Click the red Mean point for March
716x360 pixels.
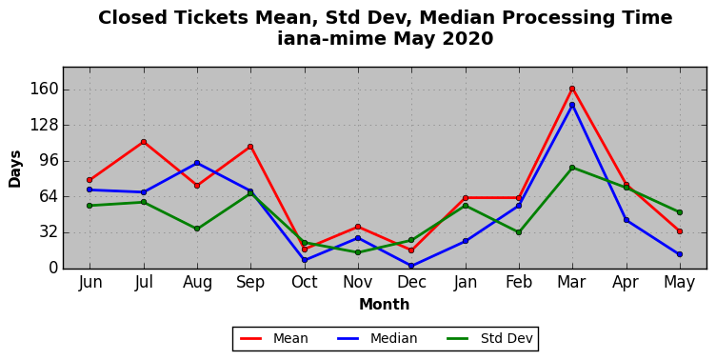tap(572, 89)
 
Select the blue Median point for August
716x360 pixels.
tap(197, 163)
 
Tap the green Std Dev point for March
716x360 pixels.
tap(572, 168)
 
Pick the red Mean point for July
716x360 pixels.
tap(144, 142)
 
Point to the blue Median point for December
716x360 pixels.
tap(411, 266)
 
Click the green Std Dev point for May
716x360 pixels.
tap(680, 212)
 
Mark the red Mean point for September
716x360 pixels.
tap(250, 147)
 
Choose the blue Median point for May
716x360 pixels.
tap(680, 254)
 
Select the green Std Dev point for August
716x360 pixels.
tap(197, 229)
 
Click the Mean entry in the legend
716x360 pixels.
tap(274, 338)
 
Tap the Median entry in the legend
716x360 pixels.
tap(377, 338)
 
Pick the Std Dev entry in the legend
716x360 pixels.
tap(489, 338)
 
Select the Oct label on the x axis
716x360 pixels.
tap(304, 282)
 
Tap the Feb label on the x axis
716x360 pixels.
tap(519, 282)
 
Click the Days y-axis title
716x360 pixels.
tap(15, 169)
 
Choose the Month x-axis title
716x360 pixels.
tap(385, 304)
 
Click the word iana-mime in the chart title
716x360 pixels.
tap(333, 38)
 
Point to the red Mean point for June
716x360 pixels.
tap(89, 180)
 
